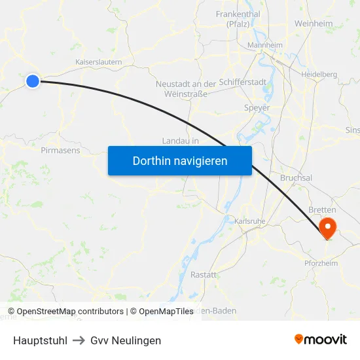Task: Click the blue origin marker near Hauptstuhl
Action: (x=33, y=81)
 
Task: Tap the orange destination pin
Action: (x=326, y=228)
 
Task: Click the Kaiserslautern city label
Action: (x=99, y=62)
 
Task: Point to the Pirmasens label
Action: (x=60, y=150)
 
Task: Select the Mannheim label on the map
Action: (x=264, y=45)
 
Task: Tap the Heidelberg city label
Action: (x=319, y=75)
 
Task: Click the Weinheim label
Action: (x=314, y=24)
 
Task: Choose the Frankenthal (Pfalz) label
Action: (x=238, y=19)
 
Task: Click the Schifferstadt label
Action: (x=242, y=83)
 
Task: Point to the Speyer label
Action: (x=256, y=107)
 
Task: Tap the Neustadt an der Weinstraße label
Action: (x=185, y=88)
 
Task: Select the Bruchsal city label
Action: (x=296, y=177)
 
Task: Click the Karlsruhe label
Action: (x=249, y=221)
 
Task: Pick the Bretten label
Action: (x=321, y=209)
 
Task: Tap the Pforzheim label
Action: (x=321, y=263)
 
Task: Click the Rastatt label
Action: (x=203, y=275)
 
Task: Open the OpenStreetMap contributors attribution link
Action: (x=65, y=312)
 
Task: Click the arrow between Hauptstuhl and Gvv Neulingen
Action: (x=78, y=340)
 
